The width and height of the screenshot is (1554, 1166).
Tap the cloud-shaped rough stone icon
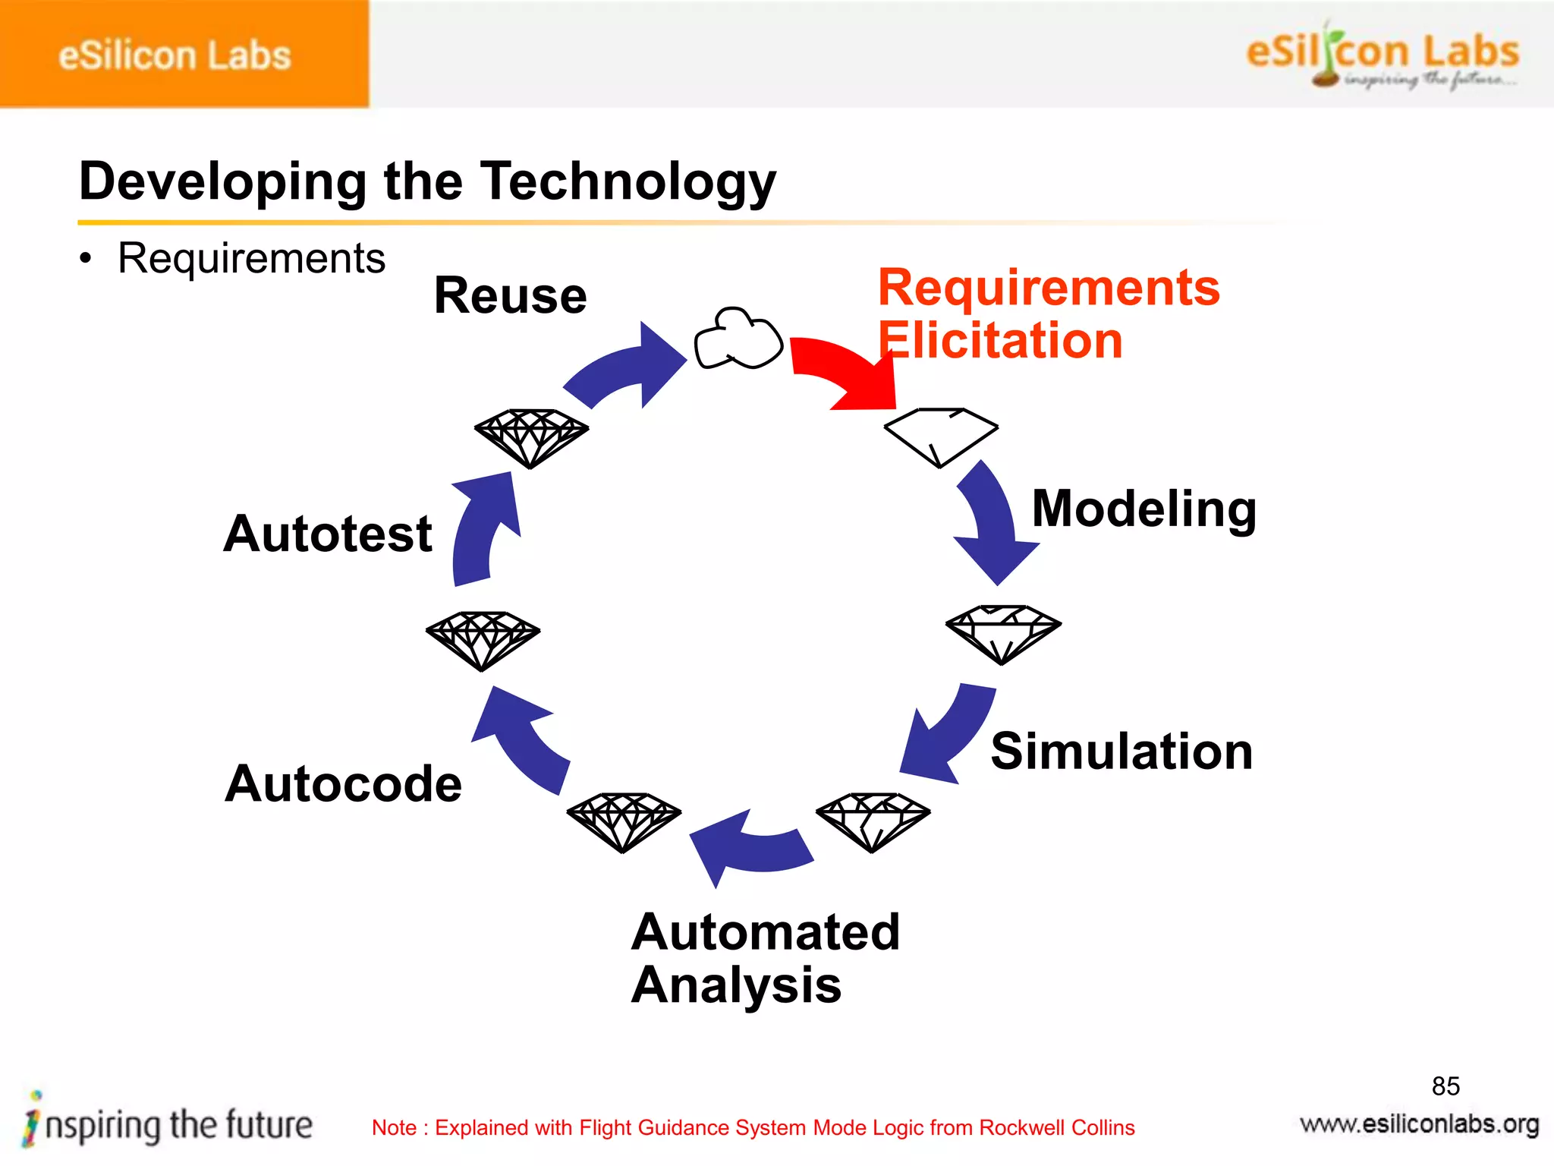[738, 340]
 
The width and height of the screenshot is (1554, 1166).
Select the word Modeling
[1143, 509]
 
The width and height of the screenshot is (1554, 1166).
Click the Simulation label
[1121, 752]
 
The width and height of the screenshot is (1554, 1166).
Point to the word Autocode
[343, 783]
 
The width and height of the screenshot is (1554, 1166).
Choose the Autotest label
[328, 534]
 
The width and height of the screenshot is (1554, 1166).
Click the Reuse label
[510, 295]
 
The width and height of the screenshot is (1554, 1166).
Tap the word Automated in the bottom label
[765, 932]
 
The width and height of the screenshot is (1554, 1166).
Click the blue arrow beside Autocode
[524, 740]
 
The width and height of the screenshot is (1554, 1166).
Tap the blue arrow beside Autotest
[482, 528]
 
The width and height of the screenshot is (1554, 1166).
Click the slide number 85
[1445, 1086]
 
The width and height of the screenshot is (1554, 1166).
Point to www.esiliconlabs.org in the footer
[1419, 1124]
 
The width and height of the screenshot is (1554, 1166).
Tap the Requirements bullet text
[251, 259]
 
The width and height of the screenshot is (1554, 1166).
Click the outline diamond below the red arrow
[940, 436]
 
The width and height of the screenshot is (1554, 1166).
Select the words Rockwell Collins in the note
[1056, 1128]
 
